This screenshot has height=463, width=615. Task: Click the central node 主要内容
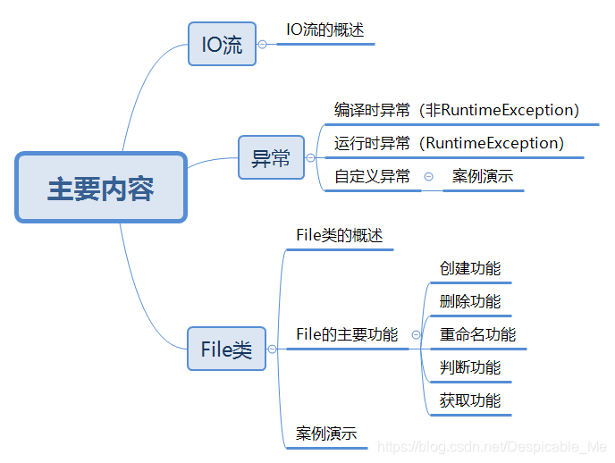[100, 189]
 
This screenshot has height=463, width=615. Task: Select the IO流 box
[222, 45]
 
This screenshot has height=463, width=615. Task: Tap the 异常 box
[271, 158]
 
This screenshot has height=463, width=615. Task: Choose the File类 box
[227, 349]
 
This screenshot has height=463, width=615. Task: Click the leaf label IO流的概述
[324, 29]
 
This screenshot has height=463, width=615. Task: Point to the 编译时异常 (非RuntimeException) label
[457, 110]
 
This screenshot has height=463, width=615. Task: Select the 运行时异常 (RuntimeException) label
[449, 143]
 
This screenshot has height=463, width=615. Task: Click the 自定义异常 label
[372, 176]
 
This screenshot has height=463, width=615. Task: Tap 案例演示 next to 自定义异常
[483, 176]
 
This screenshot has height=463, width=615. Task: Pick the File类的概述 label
[339, 236]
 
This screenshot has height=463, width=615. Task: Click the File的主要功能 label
[347, 334]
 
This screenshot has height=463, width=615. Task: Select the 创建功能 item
[470, 268]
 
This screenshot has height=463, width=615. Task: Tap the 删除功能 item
[470, 301]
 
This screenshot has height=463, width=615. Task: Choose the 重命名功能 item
[477, 334]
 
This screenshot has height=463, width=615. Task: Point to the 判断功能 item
[470, 367]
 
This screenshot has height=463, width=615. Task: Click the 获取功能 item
[470, 400]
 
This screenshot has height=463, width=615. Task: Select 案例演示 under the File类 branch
[326, 434]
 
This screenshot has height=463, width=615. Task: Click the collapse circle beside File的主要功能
[416, 334]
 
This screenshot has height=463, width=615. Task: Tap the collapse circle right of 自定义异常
[428, 176]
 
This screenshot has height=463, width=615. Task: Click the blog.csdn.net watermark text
[493, 446]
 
